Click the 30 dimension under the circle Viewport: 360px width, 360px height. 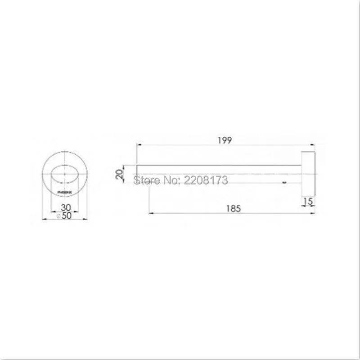click(x=66, y=208)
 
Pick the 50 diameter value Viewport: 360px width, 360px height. click(x=67, y=216)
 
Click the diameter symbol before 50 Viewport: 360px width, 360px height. click(x=58, y=216)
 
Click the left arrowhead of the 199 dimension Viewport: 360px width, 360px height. click(x=139, y=145)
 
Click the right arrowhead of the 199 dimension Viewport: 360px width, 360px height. click(x=313, y=145)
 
